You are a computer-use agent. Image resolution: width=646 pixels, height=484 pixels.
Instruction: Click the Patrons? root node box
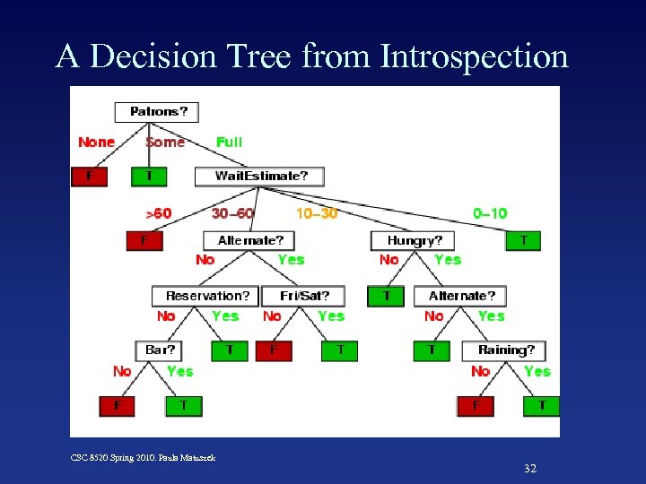(x=157, y=112)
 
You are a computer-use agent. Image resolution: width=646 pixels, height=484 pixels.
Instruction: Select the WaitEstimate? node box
(x=259, y=176)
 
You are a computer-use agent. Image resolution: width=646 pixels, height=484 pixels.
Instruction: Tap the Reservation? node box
(x=206, y=296)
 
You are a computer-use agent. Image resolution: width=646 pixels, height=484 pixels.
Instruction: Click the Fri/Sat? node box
(x=304, y=296)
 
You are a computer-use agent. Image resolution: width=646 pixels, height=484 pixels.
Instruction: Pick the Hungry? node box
(x=413, y=240)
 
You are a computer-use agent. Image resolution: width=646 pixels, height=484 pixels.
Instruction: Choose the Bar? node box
(x=159, y=350)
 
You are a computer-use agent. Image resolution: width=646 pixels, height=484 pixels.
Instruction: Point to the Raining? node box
(x=504, y=350)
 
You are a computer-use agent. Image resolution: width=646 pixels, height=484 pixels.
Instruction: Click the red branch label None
(x=96, y=142)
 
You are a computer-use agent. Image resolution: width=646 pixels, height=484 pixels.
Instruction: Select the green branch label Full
(x=229, y=142)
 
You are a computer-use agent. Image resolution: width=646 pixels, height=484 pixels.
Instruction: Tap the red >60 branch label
(x=158, y=213)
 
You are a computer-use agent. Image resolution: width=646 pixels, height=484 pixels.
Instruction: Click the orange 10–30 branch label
(x=317, y=213)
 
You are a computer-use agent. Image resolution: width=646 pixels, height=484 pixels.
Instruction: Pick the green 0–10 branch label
(x=490, y=213)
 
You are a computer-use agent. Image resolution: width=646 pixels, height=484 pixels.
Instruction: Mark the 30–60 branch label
(x=232, y=213)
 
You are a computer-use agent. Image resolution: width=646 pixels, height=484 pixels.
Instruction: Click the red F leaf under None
(x=89, y=177)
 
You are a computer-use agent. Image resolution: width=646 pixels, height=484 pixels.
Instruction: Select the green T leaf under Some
(x=149, y=177)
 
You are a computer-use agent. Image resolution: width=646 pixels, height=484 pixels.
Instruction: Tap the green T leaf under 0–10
(x=523, y=240)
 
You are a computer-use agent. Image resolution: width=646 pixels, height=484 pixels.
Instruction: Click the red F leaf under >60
(x=144, y=240)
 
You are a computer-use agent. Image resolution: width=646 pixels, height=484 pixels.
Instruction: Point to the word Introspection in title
(x=475, y=56)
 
